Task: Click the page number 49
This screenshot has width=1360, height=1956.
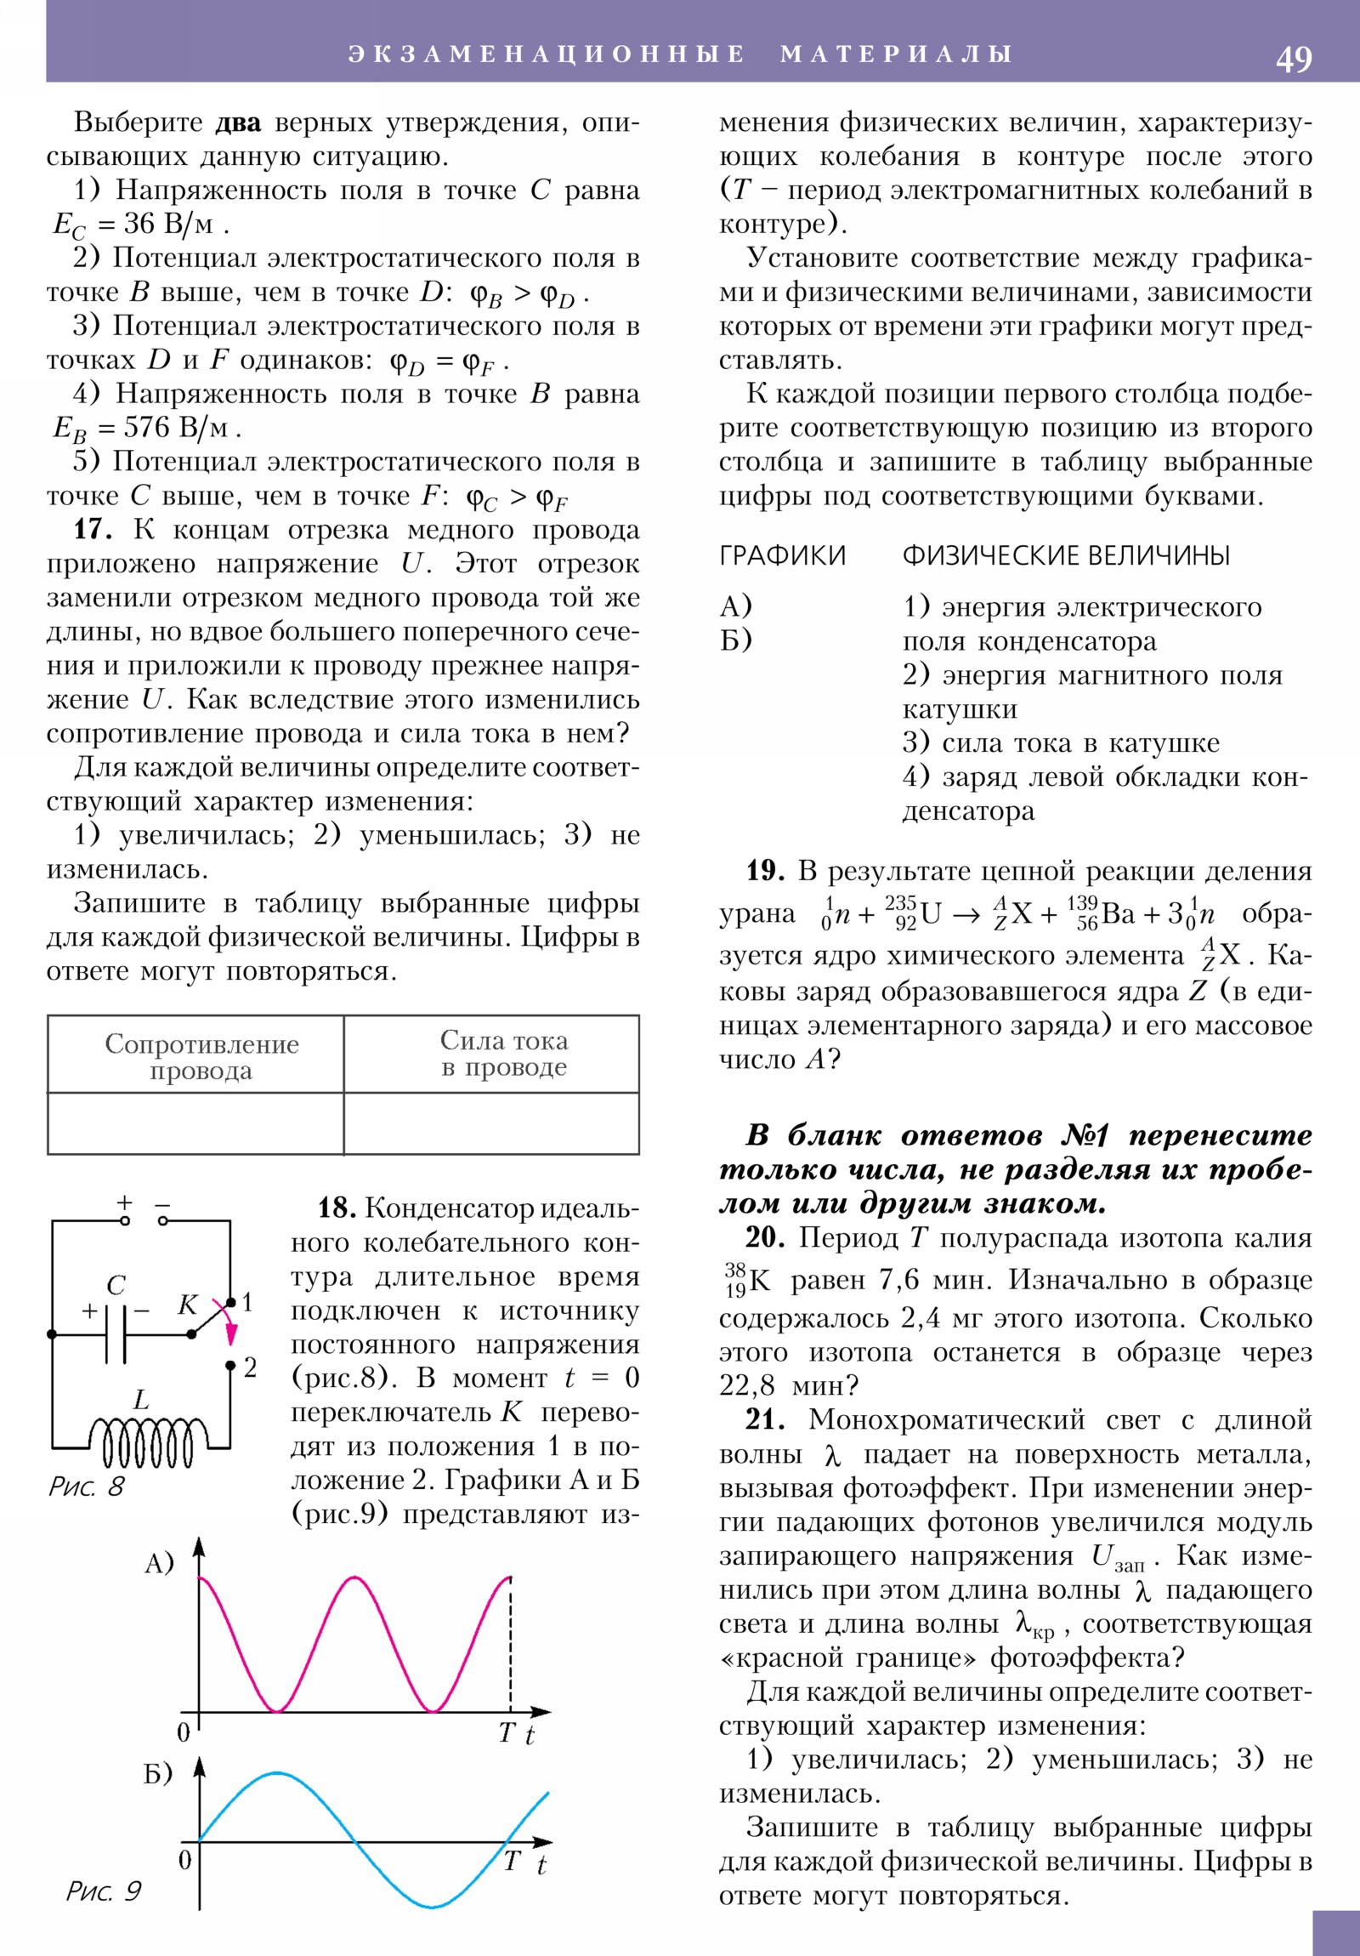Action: [x=1293, y=59]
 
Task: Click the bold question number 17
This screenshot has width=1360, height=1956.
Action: [x=91, y=530]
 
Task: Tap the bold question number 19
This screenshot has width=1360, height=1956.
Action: [x=765, y=871]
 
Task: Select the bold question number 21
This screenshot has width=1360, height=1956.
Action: [x=764, y=1420]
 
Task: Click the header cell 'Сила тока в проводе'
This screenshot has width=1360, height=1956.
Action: [x=503, y=1054]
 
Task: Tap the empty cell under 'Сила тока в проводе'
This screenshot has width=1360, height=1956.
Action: [x=491, y=1123]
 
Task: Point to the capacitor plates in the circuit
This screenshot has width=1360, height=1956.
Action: [x=116, y=1334]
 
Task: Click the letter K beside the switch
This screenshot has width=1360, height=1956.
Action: [x=187, y=1305]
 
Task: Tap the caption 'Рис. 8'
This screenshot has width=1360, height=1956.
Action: [x=86, y=1487]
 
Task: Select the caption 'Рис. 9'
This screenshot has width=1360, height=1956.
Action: [x=104, y=1891]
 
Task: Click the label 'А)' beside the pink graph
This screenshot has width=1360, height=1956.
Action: [x=159, y=1563]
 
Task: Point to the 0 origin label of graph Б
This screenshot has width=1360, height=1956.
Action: [x=184, y=1861]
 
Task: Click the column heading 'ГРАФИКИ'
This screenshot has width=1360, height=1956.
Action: [x=783, y=555]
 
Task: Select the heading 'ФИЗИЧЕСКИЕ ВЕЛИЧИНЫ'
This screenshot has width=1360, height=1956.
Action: [x=1066, y=555]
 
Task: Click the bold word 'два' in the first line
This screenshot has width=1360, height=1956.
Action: [x=238, y=123]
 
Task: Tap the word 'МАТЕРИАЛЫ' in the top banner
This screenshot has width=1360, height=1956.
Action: [x=896, y=54]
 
